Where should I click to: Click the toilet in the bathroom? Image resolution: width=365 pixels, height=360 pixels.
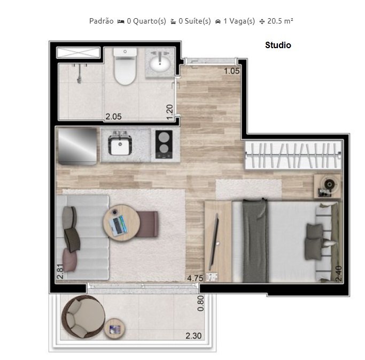(x=125, y=70)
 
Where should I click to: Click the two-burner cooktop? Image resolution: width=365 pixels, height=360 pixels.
(x=164, y=144)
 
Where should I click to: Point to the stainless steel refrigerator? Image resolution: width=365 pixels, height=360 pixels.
(x=77, y=145)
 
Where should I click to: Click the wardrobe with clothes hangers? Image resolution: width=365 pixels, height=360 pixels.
(x=292, y=155)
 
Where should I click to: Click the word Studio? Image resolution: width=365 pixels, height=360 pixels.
(x=278, y=45)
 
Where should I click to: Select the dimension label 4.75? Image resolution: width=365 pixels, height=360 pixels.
(x=195, y=278)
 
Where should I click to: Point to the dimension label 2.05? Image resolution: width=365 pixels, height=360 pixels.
(x=114, y=116)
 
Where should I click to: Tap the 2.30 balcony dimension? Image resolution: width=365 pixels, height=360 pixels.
(x=193, y=336)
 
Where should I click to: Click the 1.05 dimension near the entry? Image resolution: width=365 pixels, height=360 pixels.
(x=232, y=71)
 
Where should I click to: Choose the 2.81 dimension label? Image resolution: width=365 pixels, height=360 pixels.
(x=60, y=272)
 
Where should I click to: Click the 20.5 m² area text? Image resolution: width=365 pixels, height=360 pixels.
(x=280, y=21)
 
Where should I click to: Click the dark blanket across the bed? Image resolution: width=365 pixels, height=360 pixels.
(x=255, y=241)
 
